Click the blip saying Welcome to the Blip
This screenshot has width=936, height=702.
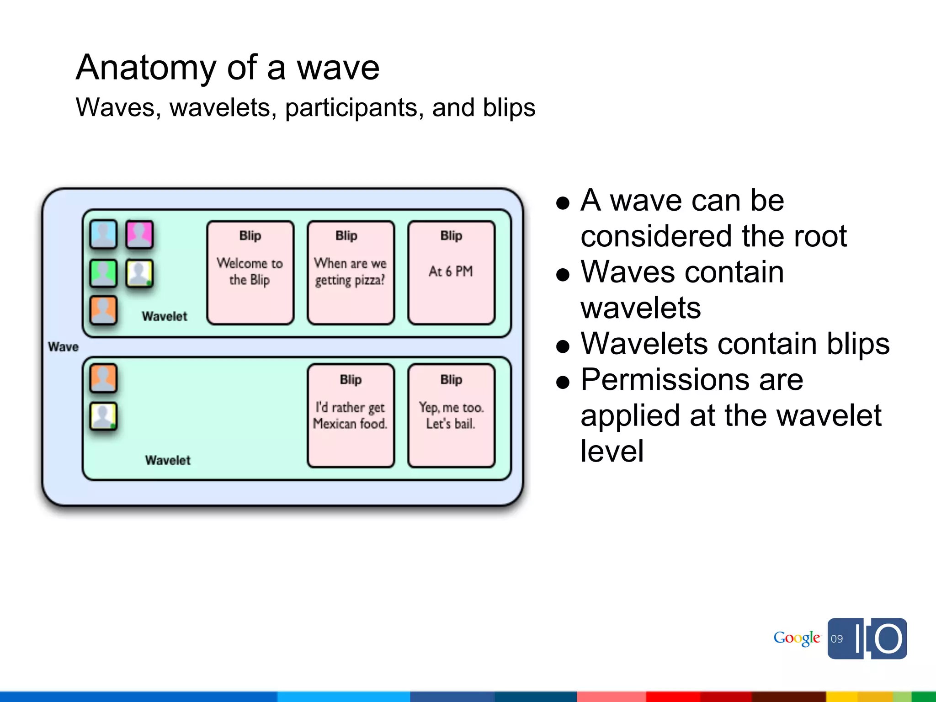[x=250, y=272]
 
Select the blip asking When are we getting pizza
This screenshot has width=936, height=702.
[x=351, y=272]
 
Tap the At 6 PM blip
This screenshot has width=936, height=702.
[x=451, y=272]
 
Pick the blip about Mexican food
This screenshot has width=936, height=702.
[x=351, y=415]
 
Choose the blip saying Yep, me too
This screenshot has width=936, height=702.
[x=451, y=415]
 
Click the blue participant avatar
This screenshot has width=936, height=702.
[x=103, y=234]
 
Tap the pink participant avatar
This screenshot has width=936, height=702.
[x=139, y=234]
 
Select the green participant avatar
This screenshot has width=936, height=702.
[x=103, y=273]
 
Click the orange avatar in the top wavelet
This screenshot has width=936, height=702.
[x=103, y=310]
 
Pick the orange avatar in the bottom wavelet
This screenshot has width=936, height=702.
[x=103, y=378]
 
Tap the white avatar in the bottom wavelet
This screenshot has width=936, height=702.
[x=103, y=416]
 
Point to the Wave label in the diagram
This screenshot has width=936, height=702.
[x=63, y=347]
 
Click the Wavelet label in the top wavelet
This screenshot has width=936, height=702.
[x=165, y=316]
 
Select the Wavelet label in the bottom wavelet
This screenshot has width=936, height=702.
[x=168, y=460]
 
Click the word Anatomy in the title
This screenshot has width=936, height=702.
[x=146, y=68]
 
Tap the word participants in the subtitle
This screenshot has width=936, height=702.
[x=351, y=108]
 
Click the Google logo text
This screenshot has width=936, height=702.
[x=797, y=638]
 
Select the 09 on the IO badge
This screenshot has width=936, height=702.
[x=837, y=639]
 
